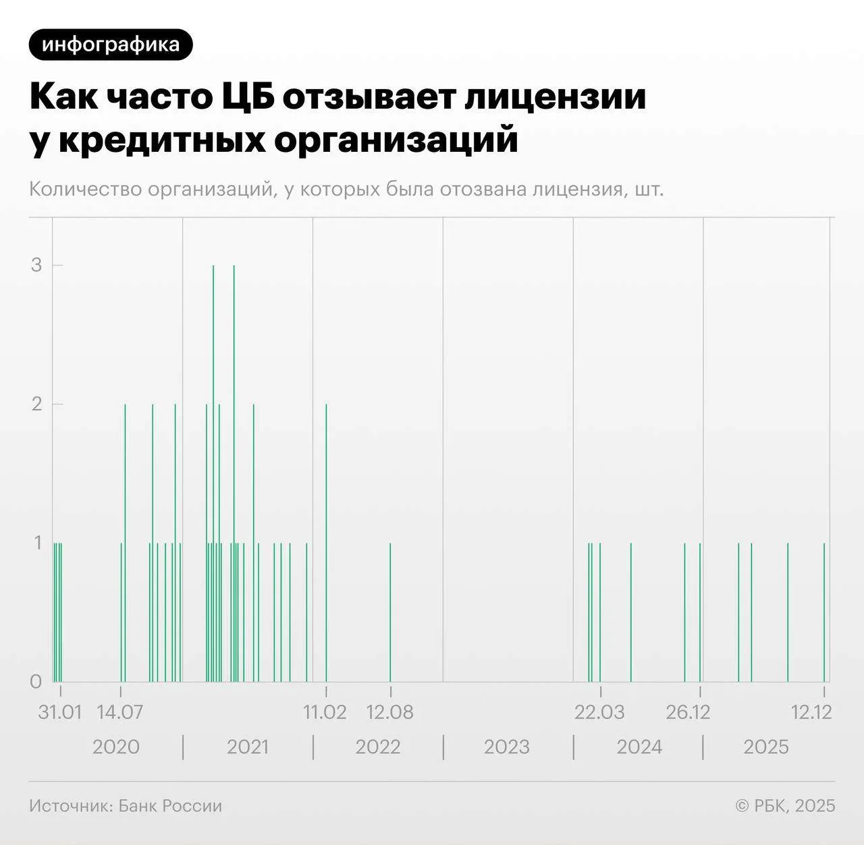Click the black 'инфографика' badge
coord(111,45)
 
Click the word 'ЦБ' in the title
coord(248,97)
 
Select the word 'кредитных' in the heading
coord(162,140)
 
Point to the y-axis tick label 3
coord(36,265)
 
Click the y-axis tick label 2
coord(36,404)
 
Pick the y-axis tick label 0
coord(36,681)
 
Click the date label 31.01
coord(59,712)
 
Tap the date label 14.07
coord(120,712)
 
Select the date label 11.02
coord(325,712)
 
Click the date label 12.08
coord(389,712)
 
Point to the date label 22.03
coord(599,712)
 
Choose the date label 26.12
coord(688,712)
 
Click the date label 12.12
coord(811,712)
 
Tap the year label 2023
coord(507,747)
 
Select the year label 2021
coord(248,747)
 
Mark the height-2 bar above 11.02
coord(327,540)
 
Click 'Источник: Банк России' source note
coord(126,806)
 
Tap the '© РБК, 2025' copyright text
coord(785,806)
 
